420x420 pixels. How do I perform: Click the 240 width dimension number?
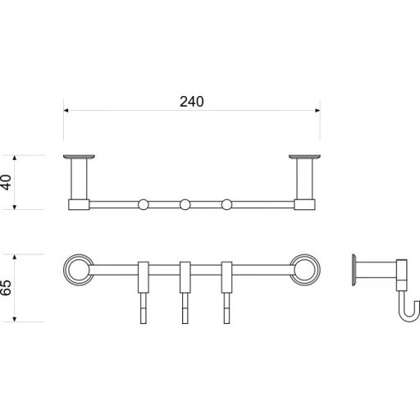pyautogui.click(x=192, y=102)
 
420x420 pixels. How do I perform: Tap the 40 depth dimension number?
pyautogui.click(x=7, y=182)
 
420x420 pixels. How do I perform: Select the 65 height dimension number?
pyautogui.click(x=7, y=288)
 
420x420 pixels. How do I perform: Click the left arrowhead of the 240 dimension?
pyautogui.click(x=66, y=111)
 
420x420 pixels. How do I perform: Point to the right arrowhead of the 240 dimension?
pyautogui.click(x=317, y=111)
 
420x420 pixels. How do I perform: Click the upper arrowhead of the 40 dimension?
pyautogui.click(x=15, y=157)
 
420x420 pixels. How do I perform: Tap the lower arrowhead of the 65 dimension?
pyautogui.click(x=15, y=319)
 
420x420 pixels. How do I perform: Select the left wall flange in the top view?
pyautogui.click(x=79, y=157)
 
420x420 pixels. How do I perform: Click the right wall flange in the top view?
pyautogui.click(x=304, y=157)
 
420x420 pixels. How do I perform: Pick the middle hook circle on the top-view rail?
pyautogui.click(x=185, y=204)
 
